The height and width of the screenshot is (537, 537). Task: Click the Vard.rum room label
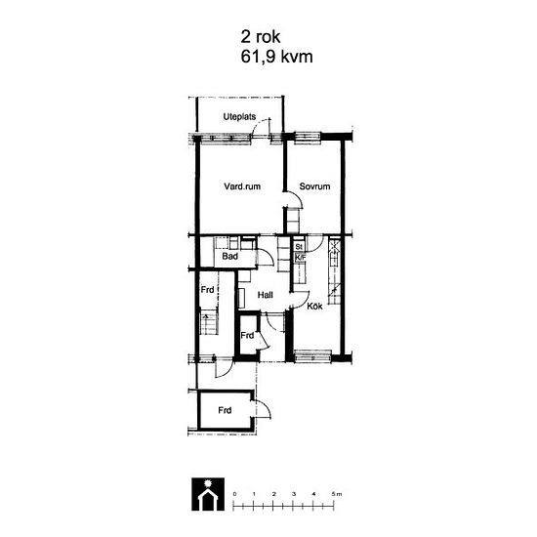click(x=242, y=186)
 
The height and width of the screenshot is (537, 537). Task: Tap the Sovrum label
click(x=314, y=186)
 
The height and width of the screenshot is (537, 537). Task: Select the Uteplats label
click(x=239, y=117)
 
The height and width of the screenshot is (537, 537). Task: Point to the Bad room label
click(x=229, y=256)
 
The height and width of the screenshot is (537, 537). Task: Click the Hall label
click(x=265, y=295)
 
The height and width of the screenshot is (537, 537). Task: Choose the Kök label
click(x=314, y=306)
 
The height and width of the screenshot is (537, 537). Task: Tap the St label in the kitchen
click(x=299, y=247)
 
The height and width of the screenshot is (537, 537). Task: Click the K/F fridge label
click(x=300, y=257)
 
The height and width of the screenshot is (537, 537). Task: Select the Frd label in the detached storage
click(x=225, y=410)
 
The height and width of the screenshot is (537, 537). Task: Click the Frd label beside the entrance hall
click(x=247, y=335)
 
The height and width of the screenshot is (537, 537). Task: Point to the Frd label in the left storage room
click(x=207, y=290)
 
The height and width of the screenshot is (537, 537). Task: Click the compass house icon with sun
click(x=208, y=494)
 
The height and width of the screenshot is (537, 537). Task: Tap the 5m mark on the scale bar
click(x=336, y=494)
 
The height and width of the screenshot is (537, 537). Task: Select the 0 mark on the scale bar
click(x=234, y=494)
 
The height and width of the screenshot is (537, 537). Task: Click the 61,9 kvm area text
click(x=276, y=57)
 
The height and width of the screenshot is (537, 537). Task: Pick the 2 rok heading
click(x=261, y=37)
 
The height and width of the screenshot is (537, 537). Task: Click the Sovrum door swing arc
click(x=298, y=197)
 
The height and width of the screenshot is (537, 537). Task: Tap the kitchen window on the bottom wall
click(x=312, y=356)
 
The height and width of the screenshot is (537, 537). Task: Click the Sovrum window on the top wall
click(x=308, y=137)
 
